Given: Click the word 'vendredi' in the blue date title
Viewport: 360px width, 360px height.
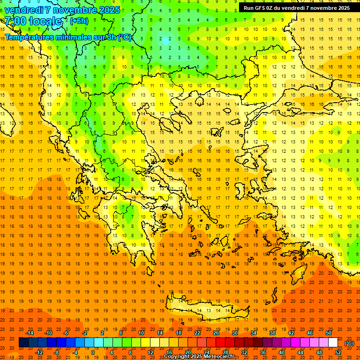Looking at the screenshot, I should [x=24, y=9].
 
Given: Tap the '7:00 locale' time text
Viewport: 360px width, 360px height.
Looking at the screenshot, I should [x=33, y=21].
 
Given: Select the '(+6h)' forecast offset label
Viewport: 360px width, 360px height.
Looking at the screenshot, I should [x=78, y=21].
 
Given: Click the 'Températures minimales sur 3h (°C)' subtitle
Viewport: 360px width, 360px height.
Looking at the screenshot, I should [x=68, y=37].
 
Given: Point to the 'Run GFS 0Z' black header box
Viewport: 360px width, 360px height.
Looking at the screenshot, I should [x=296, y=8].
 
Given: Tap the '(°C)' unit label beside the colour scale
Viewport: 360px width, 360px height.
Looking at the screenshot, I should [x=349, y=343].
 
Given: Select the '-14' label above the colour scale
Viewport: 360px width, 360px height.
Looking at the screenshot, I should [x=30, y=333].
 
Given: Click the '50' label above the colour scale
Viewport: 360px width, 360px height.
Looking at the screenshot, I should [x=328, y=333].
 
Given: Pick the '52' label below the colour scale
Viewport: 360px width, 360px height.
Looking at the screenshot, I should [x=337, y=352].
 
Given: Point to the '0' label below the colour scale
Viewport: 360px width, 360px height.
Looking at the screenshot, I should [x=92, y=352].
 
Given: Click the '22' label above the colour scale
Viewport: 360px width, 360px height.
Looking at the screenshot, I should [x=197, y=333].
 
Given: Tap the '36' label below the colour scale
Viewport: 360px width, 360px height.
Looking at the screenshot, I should [x=262, y=352].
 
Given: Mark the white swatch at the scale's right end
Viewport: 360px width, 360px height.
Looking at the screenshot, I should [x=333, y=343].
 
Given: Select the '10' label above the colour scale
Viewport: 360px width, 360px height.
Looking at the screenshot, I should [x=141, y=333].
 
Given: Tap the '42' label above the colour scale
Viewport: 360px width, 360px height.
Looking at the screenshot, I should [x=291, y=333].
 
